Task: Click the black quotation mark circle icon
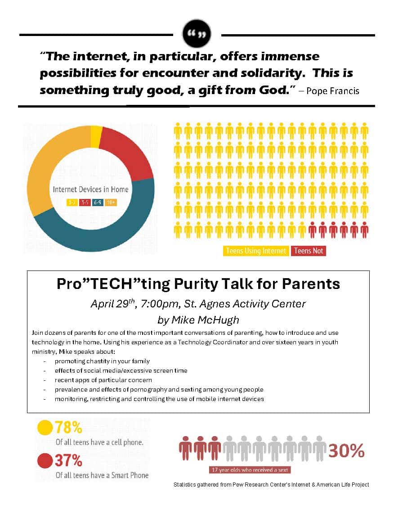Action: (197, 33)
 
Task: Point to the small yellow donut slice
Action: (96, 131)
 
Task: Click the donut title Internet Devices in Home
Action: (90, 189)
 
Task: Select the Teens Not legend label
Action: (309, 251)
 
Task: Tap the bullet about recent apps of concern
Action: (103, 380)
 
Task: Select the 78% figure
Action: (68, 428)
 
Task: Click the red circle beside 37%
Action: (45, 461)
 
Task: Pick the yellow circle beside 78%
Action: (45, 428)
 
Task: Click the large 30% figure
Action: (346, 451)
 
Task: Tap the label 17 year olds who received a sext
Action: (250, 470)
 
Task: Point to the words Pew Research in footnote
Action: (249, 485)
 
